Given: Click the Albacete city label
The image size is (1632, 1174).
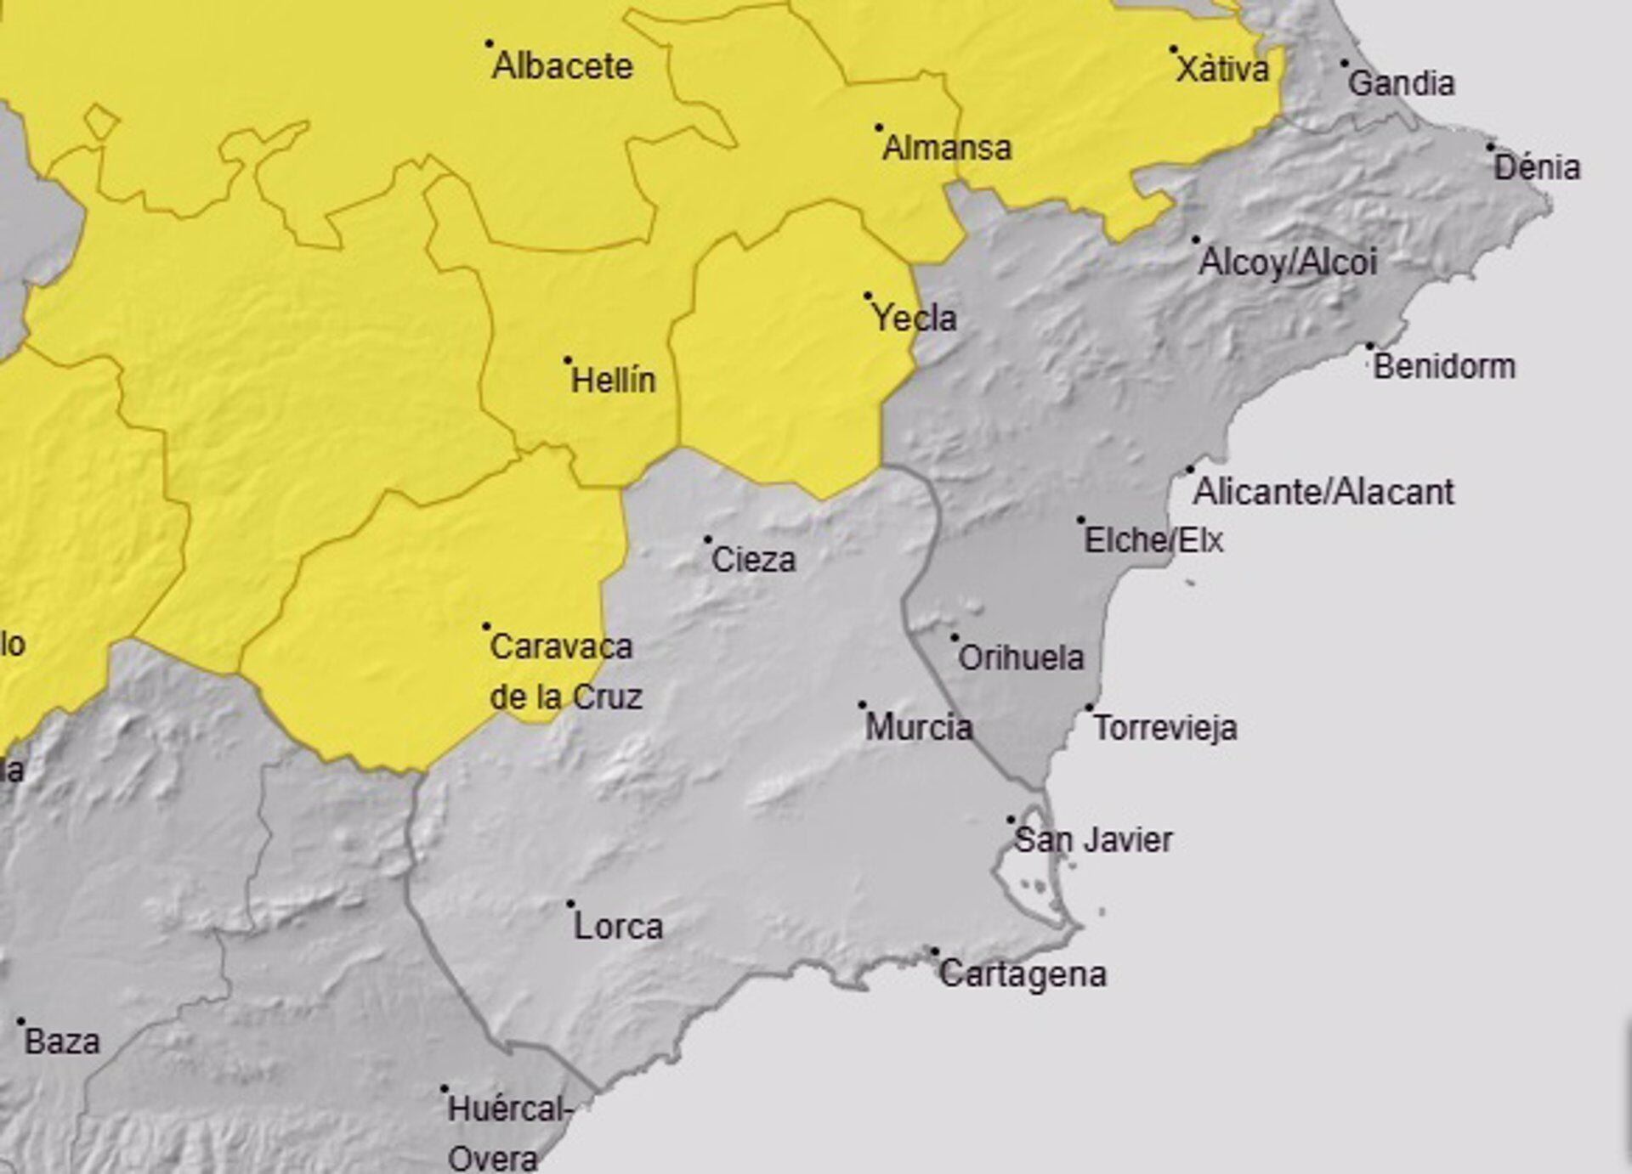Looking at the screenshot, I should [563, 66].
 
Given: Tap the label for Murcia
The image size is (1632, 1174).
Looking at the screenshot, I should [918, 727].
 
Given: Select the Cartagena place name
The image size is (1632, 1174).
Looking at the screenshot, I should [1023, 974].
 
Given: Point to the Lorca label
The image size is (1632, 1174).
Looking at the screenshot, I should [618, 926].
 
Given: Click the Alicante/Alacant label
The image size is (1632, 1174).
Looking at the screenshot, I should [1323, 492].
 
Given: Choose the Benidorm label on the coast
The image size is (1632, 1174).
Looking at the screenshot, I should [1444, 367].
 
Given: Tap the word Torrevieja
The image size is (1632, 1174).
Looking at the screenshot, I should [1164, 728].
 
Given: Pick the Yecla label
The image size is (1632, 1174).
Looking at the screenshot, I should [915, 319].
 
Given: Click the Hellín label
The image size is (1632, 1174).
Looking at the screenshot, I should [613, 381].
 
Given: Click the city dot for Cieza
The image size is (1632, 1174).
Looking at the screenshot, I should [707, 539].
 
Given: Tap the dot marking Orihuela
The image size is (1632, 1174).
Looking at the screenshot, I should [955, 637].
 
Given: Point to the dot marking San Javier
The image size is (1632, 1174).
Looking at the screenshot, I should [1011, 820].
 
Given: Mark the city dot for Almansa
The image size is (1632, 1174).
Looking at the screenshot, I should [879, 128].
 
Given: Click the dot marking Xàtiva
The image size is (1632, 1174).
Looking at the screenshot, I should [1173, 50].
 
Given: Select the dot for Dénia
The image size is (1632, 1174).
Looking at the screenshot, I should [1490, 147].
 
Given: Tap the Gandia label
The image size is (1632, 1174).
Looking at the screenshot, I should [1401, 84].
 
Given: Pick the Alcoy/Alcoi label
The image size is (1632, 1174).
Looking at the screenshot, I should [1287, 262].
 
